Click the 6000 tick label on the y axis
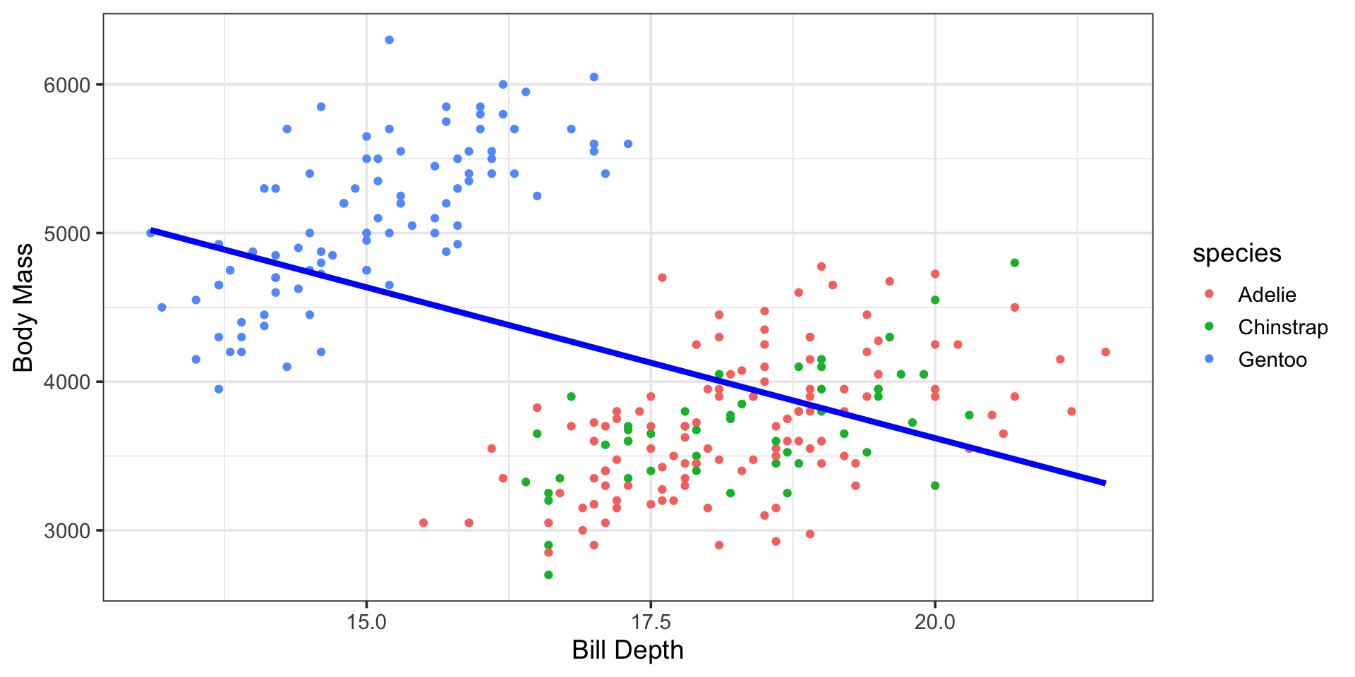click(68, 85)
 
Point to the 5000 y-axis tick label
click(68, 233)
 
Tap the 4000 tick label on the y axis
click(68, 382)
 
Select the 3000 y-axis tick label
click(68, 531)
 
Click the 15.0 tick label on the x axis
click(366, 622)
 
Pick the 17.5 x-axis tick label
click(651, 622)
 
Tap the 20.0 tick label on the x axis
click(935, 622)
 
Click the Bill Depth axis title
click(627, 650)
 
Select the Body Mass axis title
click(23, 307)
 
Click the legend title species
click(1236, 253)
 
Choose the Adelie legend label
click(1267, 295)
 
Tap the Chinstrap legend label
click(1282, 327)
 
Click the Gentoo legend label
click(1272, 360)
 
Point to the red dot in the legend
click(1209, 294)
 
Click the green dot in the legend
click(1209, 327)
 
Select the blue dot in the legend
click(1209, 359)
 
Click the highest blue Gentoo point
click(389, 40)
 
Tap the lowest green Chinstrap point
click(548, 575)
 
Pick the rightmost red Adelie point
click(1105, 352)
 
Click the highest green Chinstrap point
click(1015, 263)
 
